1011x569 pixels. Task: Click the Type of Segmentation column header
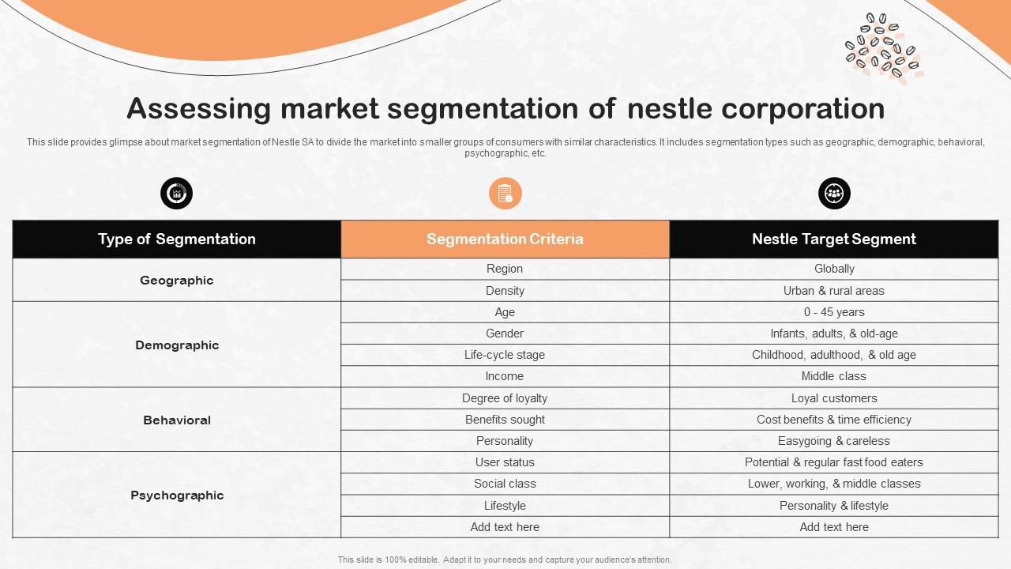tap(177, 239)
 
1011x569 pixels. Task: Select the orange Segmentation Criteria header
tap(505, 239)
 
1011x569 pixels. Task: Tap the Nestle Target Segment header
tap(833, 239)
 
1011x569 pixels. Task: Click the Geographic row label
tap(177, 280)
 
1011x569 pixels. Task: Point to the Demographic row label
tap(177, 345)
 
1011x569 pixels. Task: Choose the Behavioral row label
tap(177, 420)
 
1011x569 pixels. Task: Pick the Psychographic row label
tap(177, 495)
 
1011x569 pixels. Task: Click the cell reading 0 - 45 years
tap(833, 312)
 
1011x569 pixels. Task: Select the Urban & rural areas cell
tap(833, 291)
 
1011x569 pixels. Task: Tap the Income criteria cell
tap(505, 376)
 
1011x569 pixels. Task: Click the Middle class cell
tap(833, 376)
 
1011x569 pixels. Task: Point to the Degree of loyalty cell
tap(505, 398)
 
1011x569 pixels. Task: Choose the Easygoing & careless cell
tap(833, 441)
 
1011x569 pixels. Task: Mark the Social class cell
tap(505, 484)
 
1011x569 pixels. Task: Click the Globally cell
tap(833, 269)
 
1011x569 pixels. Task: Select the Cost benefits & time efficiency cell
tap(833, 420)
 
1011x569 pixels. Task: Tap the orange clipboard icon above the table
tap(505, 194)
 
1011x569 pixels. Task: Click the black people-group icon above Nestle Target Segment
tap(834, 194)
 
